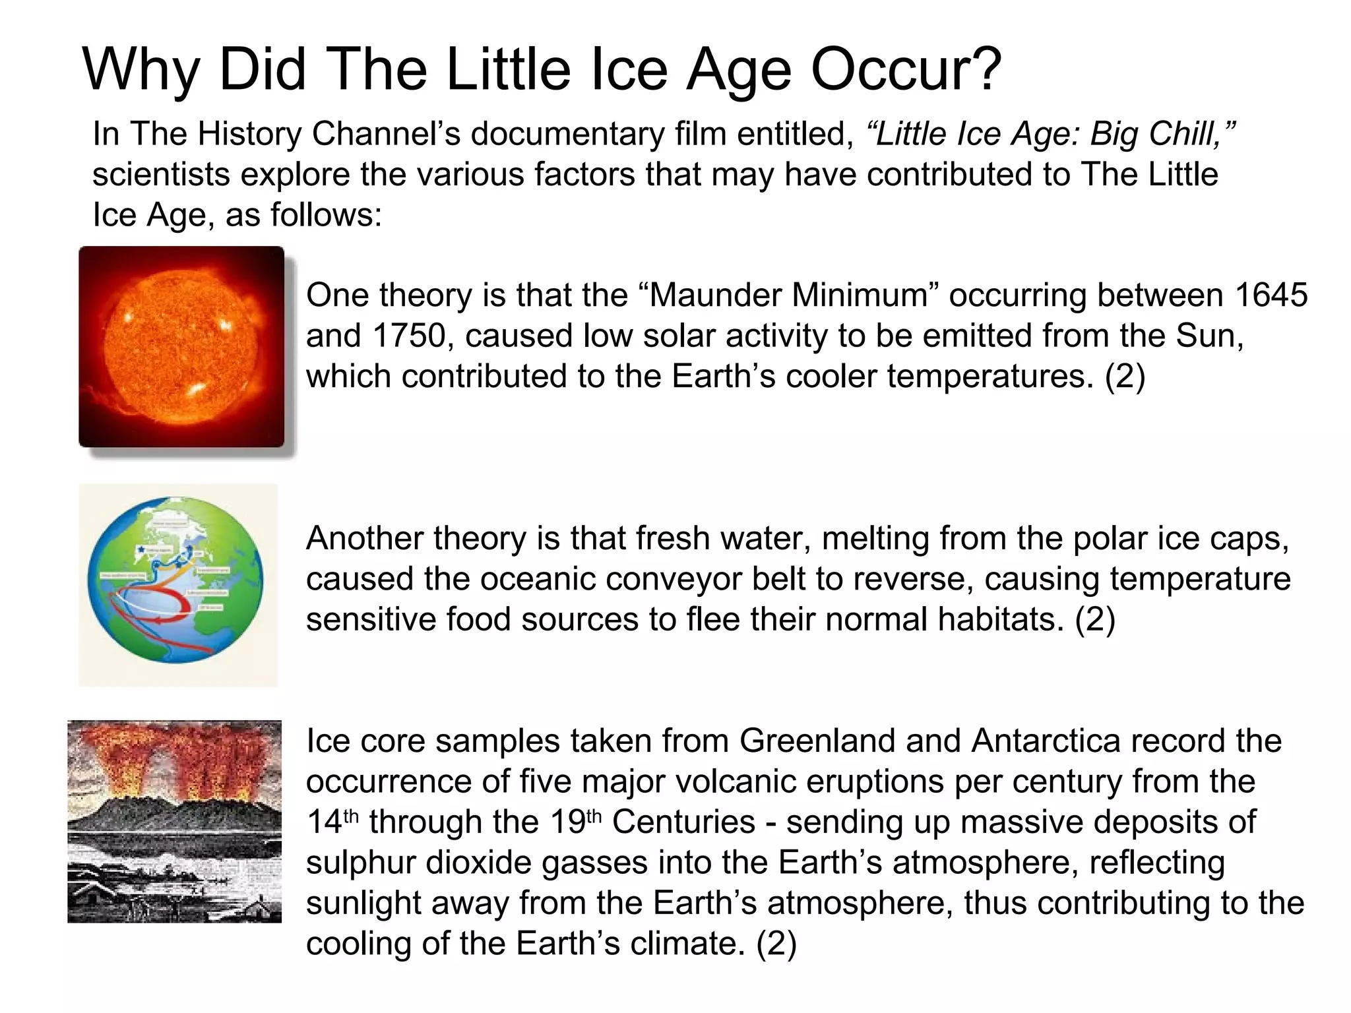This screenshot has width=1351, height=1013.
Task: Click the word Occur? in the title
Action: tap(906, 70)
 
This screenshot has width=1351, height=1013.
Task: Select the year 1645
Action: tap(1271, 295)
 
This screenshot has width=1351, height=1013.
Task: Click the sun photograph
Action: tap(181, 347)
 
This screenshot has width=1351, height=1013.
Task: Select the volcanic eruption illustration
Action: tap(174, 821)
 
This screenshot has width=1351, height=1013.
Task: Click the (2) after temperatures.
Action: tap(1125, 377)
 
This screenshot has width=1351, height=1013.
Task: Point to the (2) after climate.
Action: tap(776, 944)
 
